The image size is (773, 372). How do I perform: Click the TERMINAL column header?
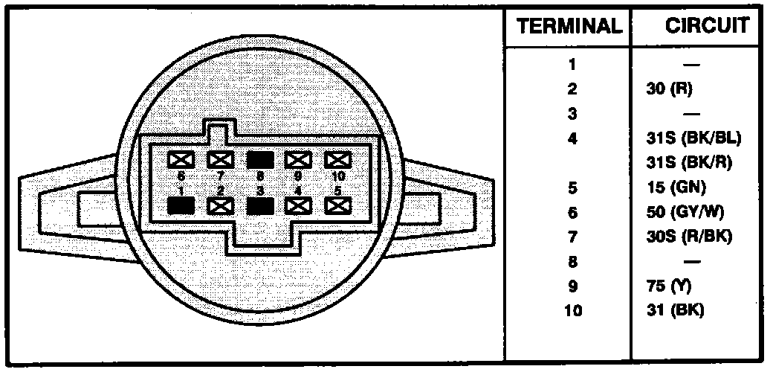(x=569, y=27)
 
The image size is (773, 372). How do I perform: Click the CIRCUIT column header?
(x=706, y=26)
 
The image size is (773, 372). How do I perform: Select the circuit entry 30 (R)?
(x=669, y=89)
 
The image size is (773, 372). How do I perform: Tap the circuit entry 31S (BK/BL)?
(x=694, y=138)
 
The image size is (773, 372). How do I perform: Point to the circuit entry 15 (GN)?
(x=676, y=187)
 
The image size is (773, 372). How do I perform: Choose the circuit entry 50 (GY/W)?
(x=685, y=212)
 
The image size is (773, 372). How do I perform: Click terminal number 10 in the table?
(x=572, y=310)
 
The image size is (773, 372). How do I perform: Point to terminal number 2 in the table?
(x=572, y=89)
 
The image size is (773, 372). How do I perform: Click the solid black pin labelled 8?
(x=259, y=159)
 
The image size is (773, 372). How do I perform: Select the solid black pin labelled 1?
(x=181, y=205)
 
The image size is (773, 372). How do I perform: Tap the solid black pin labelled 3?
(x=259, y=205)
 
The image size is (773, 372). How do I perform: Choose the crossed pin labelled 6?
(x=181, y=159)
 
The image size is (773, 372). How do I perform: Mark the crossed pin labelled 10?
(x=337, y=159)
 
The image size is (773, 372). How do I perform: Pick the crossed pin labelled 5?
(x=337, y=205)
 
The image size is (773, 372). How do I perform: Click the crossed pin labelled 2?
(x=220, y=205)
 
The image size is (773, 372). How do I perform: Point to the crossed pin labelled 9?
(x=298, y=159)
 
